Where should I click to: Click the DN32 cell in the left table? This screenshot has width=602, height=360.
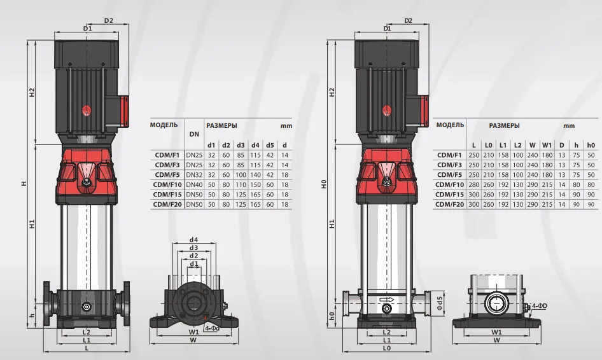(x=194, y=175)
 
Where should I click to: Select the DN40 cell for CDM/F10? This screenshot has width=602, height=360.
(x=194, y=184)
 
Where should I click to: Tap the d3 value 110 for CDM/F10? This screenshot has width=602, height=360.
(x=241, y=184)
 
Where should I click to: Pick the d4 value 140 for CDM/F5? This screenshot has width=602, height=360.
(x=255, y=175)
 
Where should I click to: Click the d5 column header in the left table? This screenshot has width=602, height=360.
(x=270, y=145)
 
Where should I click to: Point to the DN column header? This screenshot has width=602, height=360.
(x=194, y=134)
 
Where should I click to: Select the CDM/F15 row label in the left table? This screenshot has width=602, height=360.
(x=167, y=195)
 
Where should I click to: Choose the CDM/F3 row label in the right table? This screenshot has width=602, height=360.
(x=449, y=165)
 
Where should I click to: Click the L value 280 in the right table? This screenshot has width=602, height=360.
(x=473, y=184)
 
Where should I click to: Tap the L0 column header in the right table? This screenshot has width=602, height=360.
(x=488, y=145)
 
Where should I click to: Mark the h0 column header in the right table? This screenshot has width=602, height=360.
(x=591, y=145)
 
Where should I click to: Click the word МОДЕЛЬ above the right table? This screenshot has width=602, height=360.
(x=450, y=125)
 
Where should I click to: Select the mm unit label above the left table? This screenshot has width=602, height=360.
(x=286, y=125)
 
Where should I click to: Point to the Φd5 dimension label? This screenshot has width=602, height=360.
(x=440, y=303)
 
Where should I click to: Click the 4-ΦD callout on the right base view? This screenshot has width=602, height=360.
(x=540, y=306)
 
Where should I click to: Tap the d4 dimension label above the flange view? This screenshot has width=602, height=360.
(x=193, y=240)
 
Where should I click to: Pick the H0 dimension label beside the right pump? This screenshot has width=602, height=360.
(x=324, y=184)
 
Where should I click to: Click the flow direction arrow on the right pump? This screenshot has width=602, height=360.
(x=386, y=300)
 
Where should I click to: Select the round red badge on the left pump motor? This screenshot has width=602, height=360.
(x=87, y=111)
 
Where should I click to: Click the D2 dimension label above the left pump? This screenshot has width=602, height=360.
(x=109, y=20)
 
